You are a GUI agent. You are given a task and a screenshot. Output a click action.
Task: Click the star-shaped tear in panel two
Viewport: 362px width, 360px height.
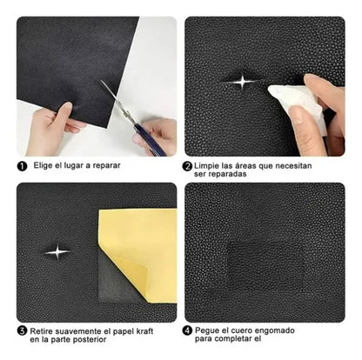(x=239, y=82)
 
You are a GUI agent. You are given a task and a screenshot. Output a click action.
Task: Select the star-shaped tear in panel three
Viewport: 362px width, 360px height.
(x=57, y=252)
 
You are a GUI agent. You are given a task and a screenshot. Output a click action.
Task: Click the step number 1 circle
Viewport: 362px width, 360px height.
(x=21, y=164)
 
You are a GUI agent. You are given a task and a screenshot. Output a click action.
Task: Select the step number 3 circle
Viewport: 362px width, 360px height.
(x=21, y=331)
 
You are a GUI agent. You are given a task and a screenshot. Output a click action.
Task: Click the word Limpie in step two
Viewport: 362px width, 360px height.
(x=212, y=164)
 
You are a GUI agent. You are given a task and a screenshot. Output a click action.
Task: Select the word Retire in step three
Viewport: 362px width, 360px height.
(x=43, y=331)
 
